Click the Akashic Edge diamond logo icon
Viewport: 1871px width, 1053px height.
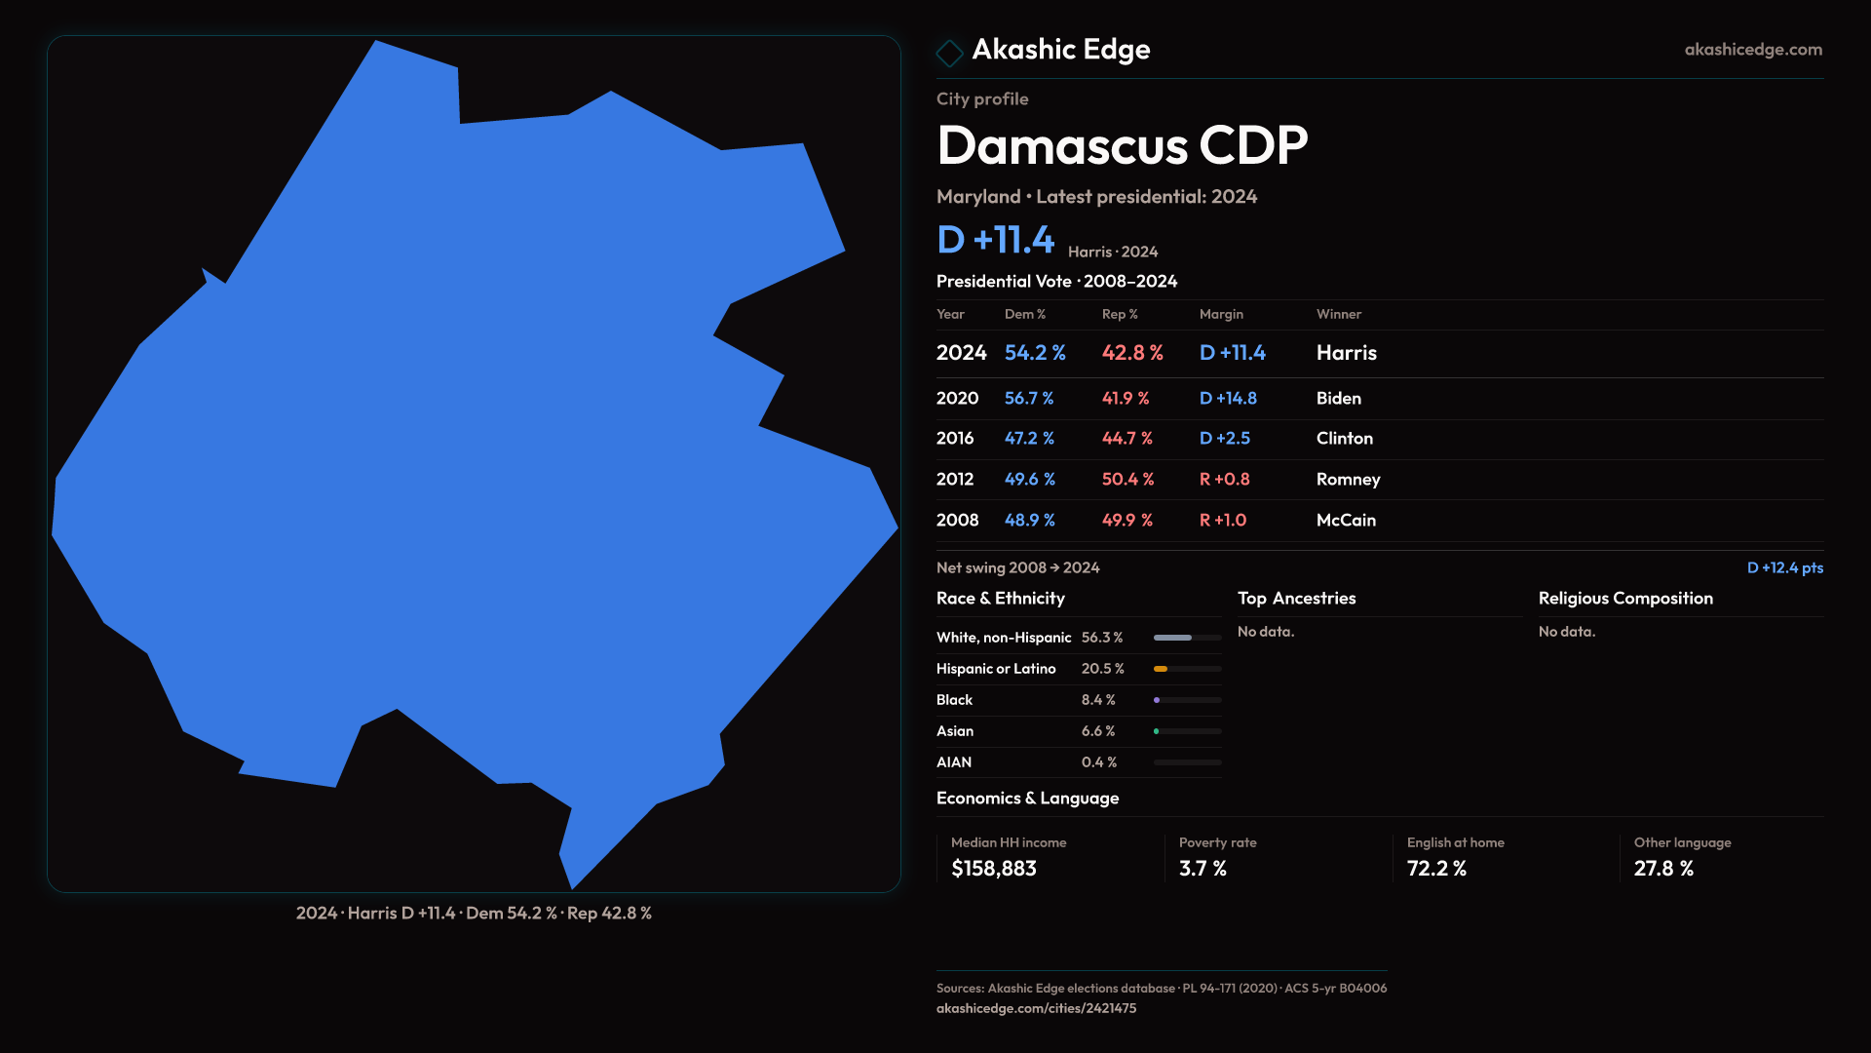pyautogui.click(x=949, y=52)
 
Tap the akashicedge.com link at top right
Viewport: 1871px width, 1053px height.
pyautogui.click(x=1752, y=50)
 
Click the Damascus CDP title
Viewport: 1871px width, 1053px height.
pyautogui.click(x=1122, y=145)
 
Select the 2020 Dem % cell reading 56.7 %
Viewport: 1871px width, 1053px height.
pyautogui.click(x=1029, y=399)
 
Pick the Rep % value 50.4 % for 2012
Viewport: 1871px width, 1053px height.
pyautogui.click(x=1127, y=480)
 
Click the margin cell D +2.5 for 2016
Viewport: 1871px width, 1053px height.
pyautogui.click(x=1224, y=439)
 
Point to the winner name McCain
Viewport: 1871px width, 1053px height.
pyautogui.click(x=1346, y=521)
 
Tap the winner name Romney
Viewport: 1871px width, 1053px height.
pyautogui.click(x=1348, y=480)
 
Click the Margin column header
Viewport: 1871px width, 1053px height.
pyautogui.click(x=1221, y=314)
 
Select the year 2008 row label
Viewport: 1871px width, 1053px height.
pyautogui.click(x=957, y=521)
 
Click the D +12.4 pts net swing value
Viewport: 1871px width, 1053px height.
pyautogui.click(x=1784, y=567)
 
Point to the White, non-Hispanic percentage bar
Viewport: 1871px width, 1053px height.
pyautogui.click(x=1173, y=638)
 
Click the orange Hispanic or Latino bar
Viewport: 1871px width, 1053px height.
pyautogui.click(x=1161, y=669)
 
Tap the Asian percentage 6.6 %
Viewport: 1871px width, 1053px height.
pyautogui.click(x=1098, y=731)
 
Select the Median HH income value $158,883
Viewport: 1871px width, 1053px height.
pyautogui.click(x=994, y=869)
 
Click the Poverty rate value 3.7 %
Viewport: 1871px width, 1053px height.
pyautogui.click(x=1203, y=869)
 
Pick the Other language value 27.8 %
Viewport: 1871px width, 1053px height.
pyautogui.click(x=1663, y=869)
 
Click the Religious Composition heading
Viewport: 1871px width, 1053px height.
pyautogui.click(x=1625, y=599)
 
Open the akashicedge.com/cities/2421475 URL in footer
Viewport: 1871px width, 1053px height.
pyautogui.click(x=1036, y=1008)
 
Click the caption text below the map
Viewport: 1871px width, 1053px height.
pyautogui.click(x=474, y=914)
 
